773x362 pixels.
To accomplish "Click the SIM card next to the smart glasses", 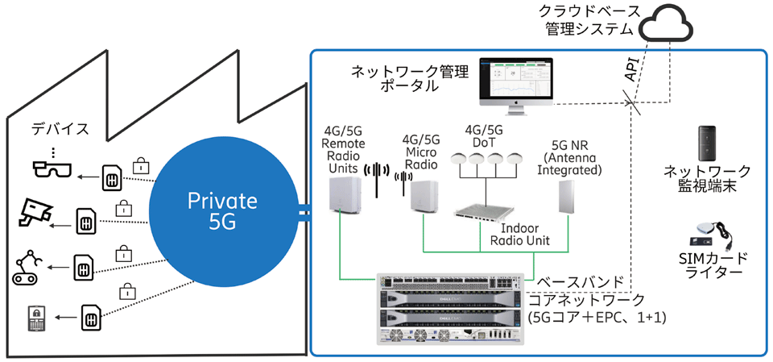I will click(112, 177).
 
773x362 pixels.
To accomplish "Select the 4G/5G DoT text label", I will click(484, 135).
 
